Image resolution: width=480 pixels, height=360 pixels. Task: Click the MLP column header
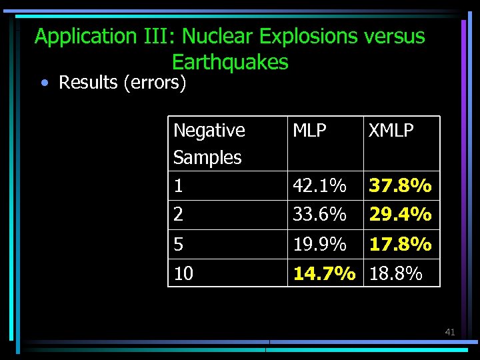click(310, 131)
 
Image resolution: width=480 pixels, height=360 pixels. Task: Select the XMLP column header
click(392, 131)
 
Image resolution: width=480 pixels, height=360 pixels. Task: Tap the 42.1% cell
click(319, 185)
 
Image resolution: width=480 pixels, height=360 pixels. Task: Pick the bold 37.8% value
click(401, 185)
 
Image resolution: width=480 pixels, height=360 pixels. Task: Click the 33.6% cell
click(319, 215)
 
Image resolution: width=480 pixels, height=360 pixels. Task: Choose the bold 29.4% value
click(401, 215)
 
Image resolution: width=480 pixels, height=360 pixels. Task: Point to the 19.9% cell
click(319, 245)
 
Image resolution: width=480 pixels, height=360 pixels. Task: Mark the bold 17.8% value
click(401, 245)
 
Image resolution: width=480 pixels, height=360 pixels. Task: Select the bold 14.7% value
click(325, 273)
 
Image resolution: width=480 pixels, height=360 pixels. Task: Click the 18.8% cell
click(396, 273)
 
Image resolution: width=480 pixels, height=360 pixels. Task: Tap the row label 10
click(183, 273)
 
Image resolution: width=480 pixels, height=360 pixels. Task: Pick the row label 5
click(178, 245)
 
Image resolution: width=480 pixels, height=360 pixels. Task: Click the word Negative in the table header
click(209, 131)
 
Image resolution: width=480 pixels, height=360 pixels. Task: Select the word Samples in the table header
click(207, 158)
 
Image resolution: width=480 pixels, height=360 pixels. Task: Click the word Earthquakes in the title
click(230, 62)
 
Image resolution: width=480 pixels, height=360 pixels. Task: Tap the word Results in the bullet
click(89, 83)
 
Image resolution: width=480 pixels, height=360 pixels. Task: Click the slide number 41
click(449, 331)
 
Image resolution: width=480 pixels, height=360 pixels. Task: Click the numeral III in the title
click(156, 36)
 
